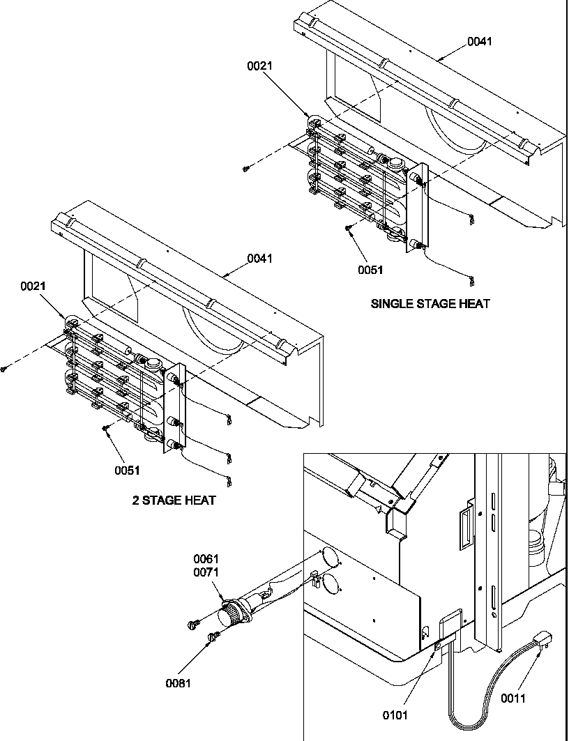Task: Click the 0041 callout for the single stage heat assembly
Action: (x=479, y=41)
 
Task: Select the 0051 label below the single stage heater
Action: (x=371, y=270)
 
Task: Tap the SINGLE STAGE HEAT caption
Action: (x=430, y=304)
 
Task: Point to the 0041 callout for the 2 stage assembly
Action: (x=259, y=259)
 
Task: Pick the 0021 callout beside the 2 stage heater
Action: (x=33, y=286)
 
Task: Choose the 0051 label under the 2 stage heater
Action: (x=128, y=470)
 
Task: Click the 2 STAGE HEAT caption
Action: (x=174, y=501)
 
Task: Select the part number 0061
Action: (x=206, y=559)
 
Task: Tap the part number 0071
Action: (x=206, y=572)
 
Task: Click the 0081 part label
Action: (x=178, y=683)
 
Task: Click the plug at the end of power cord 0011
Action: (x=540, y=640)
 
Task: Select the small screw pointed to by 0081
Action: (x=215, y=635)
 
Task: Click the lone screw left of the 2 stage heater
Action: (x=4, y=369)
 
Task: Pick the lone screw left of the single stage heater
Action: (x=246, y=168)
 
